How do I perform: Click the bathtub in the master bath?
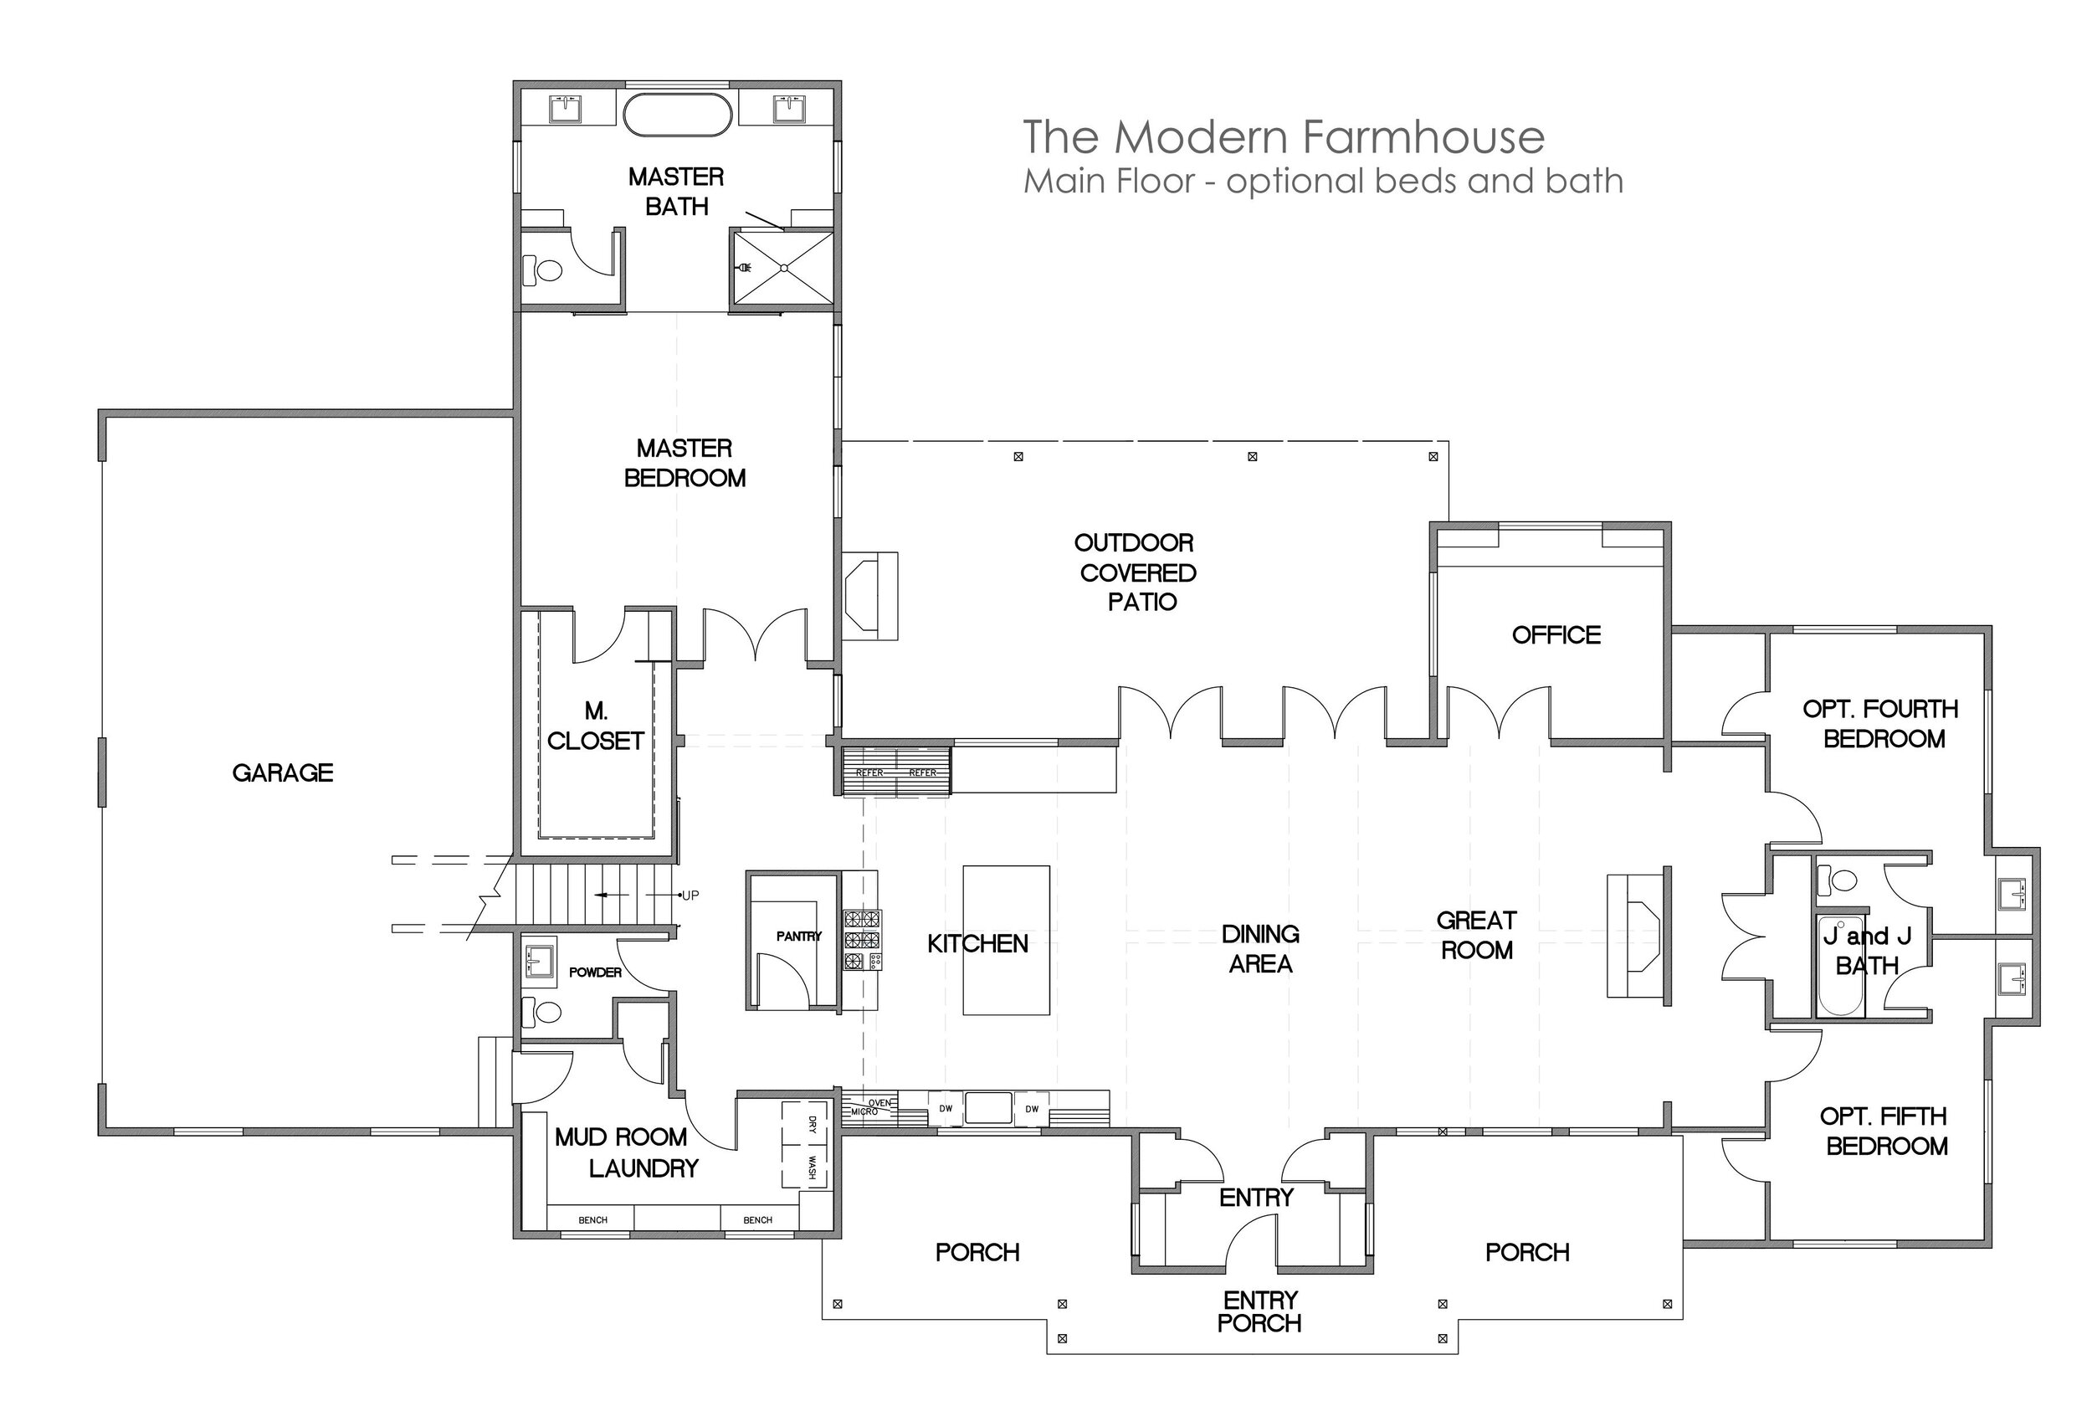(677, 115)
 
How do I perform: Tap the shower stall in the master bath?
(783, 267)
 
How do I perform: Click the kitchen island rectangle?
(1006, 940)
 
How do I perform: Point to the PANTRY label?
(798, 937)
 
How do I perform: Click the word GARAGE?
(282, 772)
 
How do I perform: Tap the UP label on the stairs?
(690, 896)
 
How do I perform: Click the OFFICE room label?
(1556, 635)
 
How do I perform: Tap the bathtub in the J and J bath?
(1841, 967)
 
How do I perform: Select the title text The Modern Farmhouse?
(1284, 136)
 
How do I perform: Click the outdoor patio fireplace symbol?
(869, 595)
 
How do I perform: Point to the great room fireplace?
(1638, 936)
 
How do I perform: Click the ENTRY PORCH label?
(1259, 1311)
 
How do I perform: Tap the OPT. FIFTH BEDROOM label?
(1885, 1132)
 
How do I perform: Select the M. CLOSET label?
(596, 726)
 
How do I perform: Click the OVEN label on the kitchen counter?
(879, 1103)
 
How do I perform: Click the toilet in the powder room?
(544, 1013)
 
